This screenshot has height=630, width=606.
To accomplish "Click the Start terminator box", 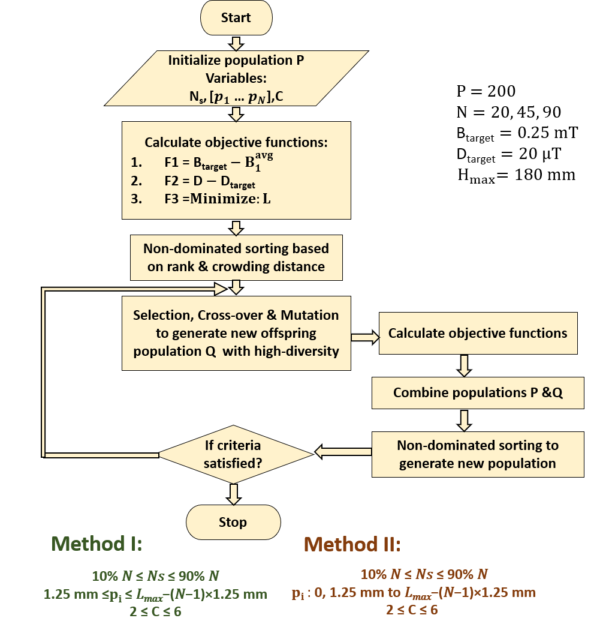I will point(236,17).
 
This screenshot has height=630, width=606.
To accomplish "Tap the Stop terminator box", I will point(233,522).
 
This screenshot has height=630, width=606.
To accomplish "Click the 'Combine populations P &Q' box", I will point(477,392).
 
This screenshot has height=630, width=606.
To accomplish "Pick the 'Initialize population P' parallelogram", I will point(236,78).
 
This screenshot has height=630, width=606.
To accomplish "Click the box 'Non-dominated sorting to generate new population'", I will point(477,454).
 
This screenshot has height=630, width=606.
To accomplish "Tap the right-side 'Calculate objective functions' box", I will point(477,333).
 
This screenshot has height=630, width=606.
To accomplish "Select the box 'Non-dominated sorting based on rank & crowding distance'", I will point(236,257).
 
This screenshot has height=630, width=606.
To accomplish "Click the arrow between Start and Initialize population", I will point(236,43).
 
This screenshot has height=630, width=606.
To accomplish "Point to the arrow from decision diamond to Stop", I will point(234,493).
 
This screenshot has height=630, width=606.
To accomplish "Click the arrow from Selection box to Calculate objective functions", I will point(365,338).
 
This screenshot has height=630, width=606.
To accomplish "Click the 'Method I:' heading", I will point(97,544).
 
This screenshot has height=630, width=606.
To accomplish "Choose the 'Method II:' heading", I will point(352,545).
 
